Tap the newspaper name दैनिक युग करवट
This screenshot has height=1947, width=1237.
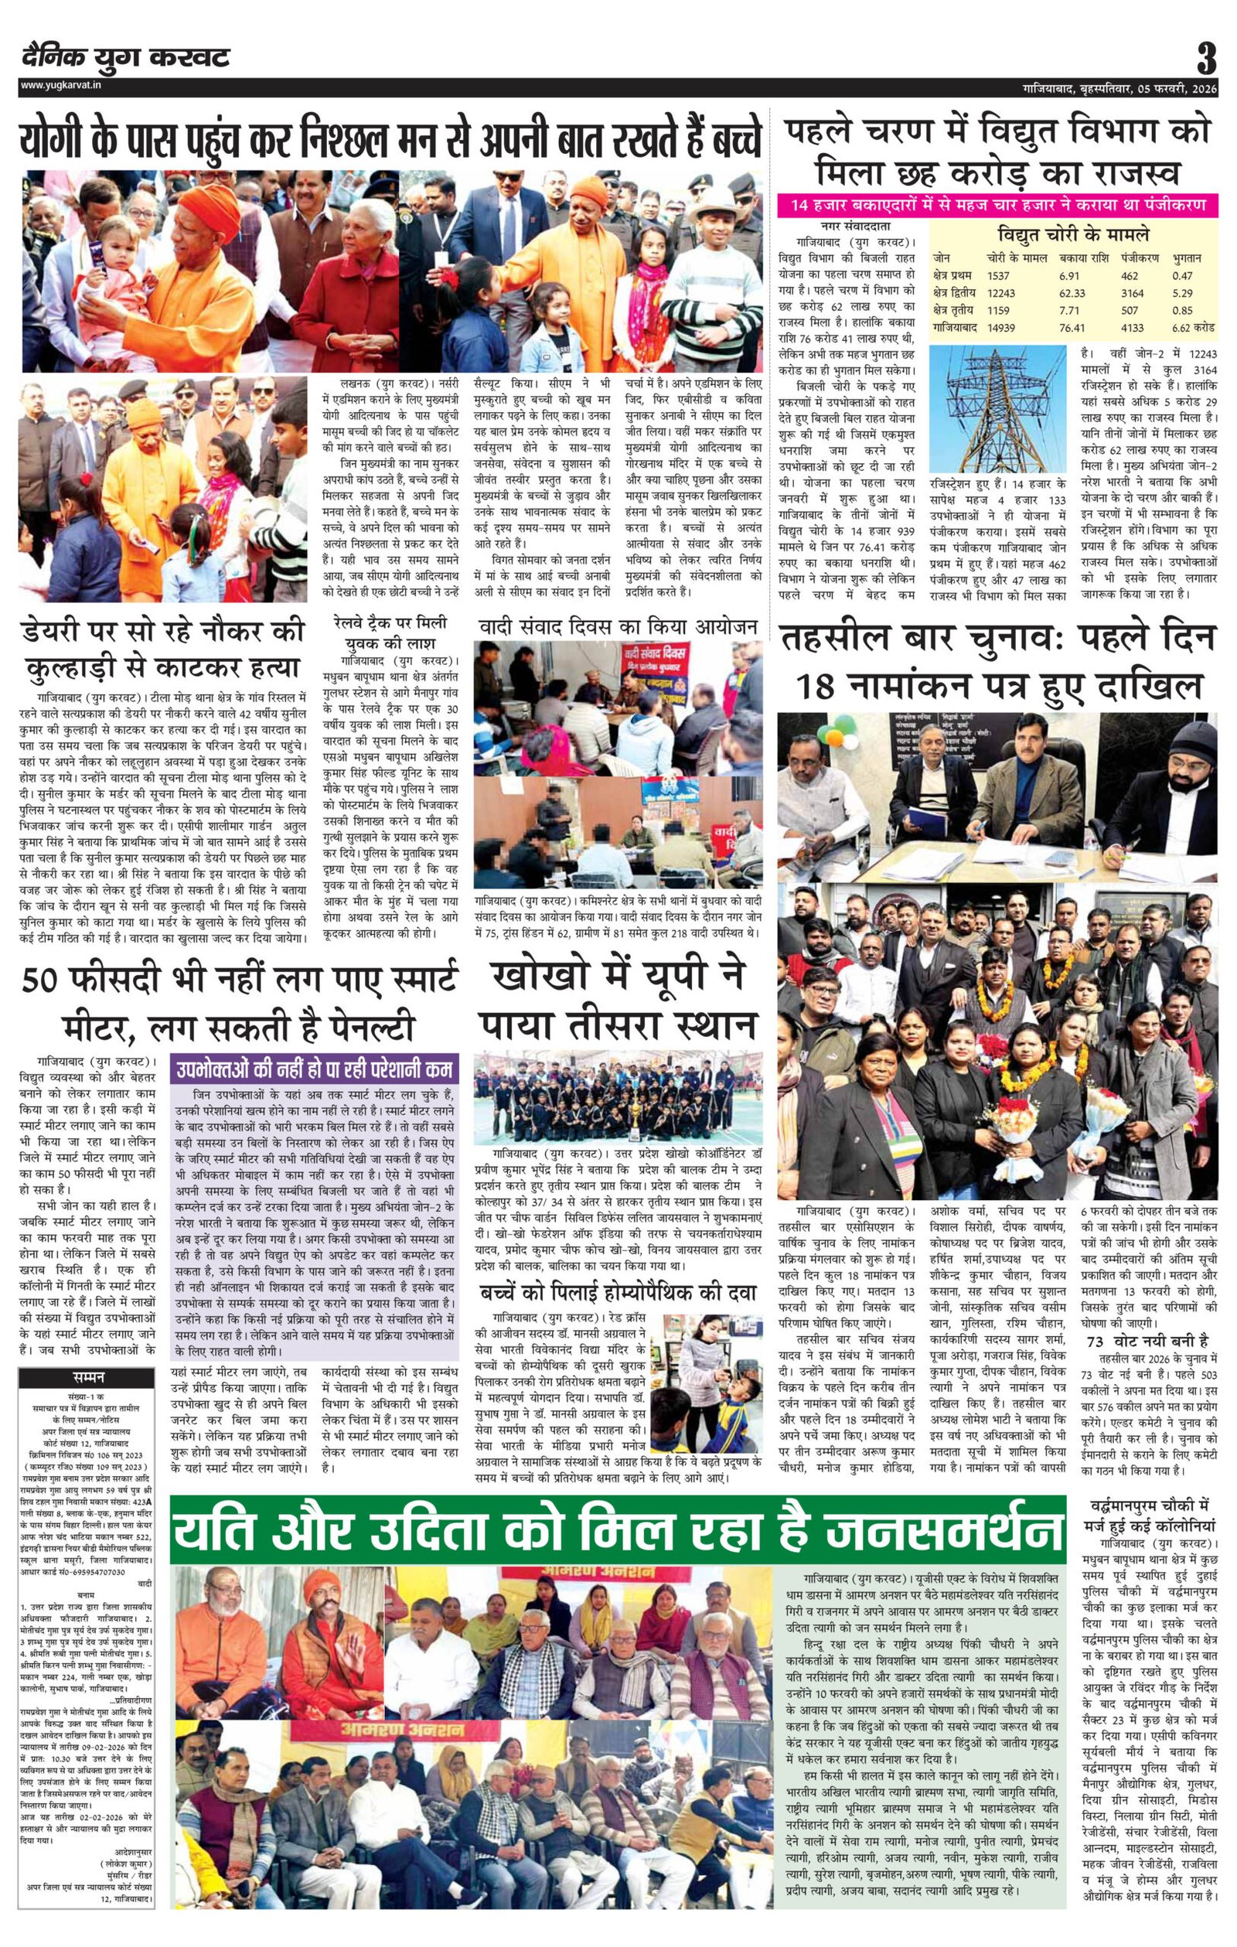pos(126,57)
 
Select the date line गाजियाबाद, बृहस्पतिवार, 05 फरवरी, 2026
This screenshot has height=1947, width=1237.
pos(1119,87)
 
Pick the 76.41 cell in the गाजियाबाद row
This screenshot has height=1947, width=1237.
pos(1072,329)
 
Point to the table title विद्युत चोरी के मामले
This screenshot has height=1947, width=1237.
pos(1072,236)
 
